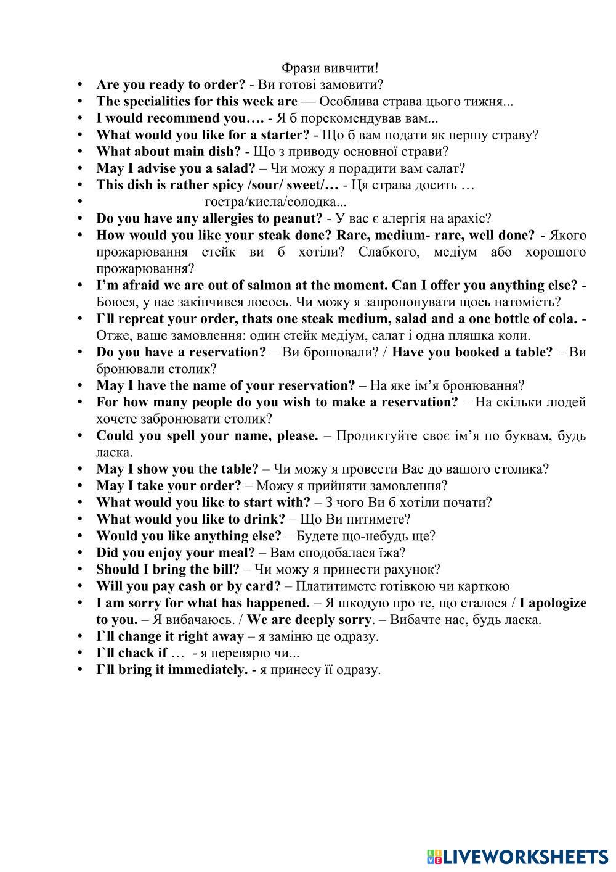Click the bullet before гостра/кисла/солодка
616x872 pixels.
click(80, 202)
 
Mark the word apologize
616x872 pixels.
click(557, 603)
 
